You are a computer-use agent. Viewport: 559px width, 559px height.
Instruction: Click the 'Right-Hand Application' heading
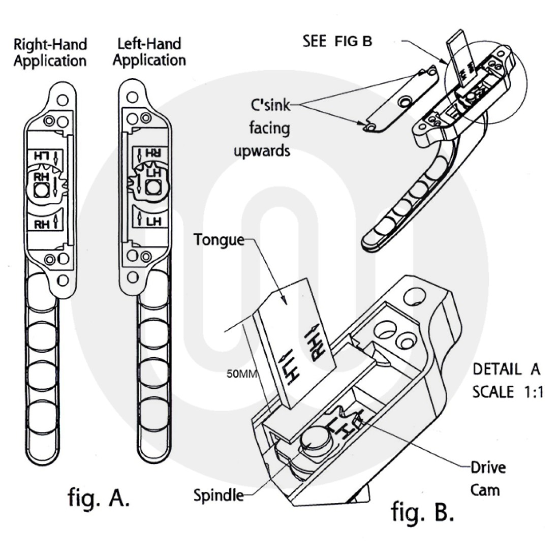click(50, 52)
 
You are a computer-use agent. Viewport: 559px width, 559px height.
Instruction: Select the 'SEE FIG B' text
click(337, 41)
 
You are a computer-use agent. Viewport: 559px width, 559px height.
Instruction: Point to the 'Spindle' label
click(219, 494)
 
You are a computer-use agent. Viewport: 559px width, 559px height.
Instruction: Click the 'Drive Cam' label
click(487, 478)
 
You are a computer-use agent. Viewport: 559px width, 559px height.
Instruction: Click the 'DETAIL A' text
click(506, 369)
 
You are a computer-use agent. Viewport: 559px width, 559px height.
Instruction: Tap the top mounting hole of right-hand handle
click(62, 98)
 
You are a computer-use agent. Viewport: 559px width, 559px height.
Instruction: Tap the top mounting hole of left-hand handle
click(133, 97)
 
